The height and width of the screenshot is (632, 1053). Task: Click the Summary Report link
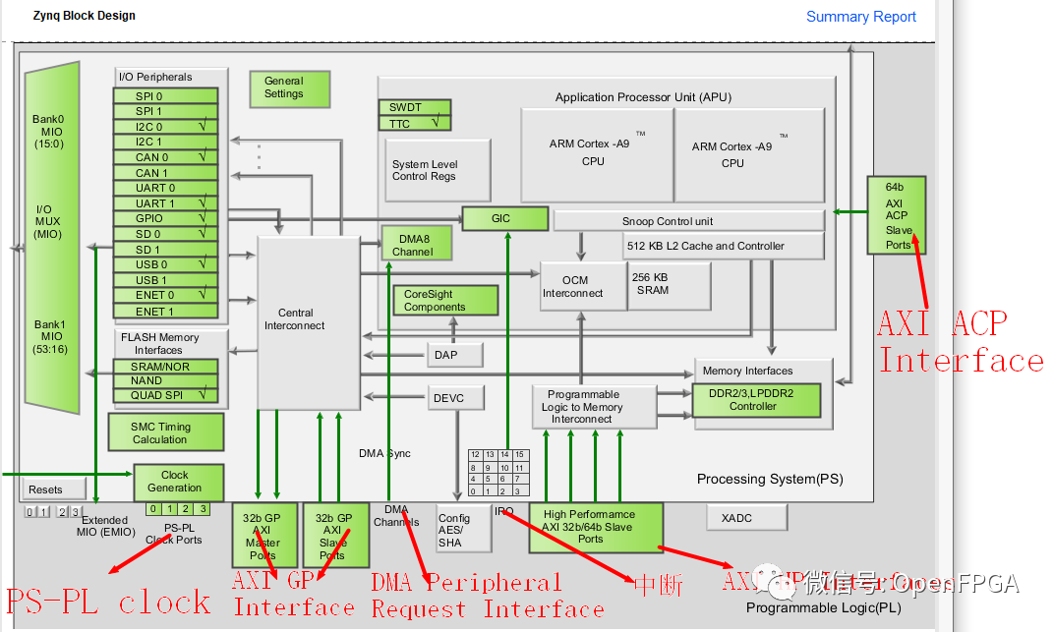click(860, 17)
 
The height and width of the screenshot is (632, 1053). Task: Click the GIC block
click(504, 218)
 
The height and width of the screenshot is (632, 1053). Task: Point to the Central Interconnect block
click(308, 320)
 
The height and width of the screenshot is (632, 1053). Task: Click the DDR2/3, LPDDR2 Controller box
click(756, 399)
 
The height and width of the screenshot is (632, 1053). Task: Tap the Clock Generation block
click(178, 482)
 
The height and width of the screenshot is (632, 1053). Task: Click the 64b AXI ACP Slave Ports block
click(895, 215)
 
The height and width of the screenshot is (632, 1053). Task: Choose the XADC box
click(746, 517)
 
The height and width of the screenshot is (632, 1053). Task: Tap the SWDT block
click(414, 107)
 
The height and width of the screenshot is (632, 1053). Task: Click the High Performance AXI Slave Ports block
click(595, 527)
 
